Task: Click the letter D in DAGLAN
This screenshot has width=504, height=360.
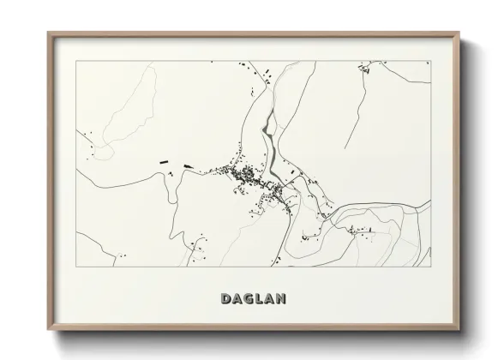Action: pyautogui.click(x=225, y=299)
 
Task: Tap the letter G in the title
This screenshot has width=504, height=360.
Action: pyautogui.click(x=247, y=299)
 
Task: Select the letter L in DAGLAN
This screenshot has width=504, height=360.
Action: pyautogui.click(x=258, y=299)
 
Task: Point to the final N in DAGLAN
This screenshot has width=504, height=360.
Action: pyautogui.click(x=280, y=299)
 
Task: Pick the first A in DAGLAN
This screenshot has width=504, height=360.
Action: pyautogui.click(x=237, y=299)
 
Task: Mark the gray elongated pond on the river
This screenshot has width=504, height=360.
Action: pyautogui.click(x=267, y=137)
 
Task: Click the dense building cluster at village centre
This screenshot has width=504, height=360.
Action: pyautogui.click(x=244, y=177)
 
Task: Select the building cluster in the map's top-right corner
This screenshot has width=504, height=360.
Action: pyautogui.click(x=367, y=68)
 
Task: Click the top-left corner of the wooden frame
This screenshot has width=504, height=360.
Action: pyautogui.click(x=48, y=33)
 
